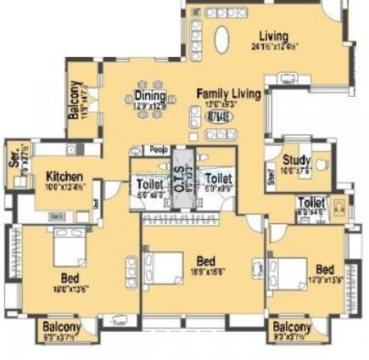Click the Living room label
(x=273, y=37)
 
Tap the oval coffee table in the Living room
(x=222, y=40)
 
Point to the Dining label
(x=149, y=96)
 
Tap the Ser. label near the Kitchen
(x=14, y=156)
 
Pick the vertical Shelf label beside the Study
(x=270, y=174)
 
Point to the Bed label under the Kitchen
(x=70, y=277)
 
